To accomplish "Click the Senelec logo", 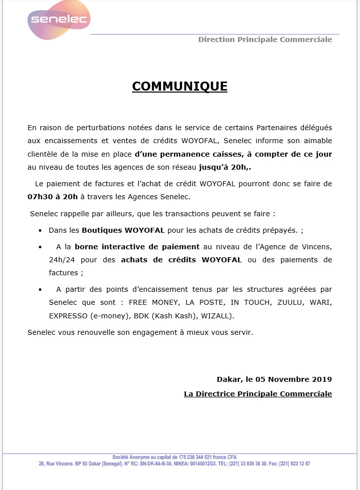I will point(58,21).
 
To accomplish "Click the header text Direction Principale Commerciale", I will point(265,40).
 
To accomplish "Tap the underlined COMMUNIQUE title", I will point(179,87).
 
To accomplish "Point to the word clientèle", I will point(43,154).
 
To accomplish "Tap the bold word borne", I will point(86,247).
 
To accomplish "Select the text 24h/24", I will point(61,260).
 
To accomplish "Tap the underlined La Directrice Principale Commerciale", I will point(258,394).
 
